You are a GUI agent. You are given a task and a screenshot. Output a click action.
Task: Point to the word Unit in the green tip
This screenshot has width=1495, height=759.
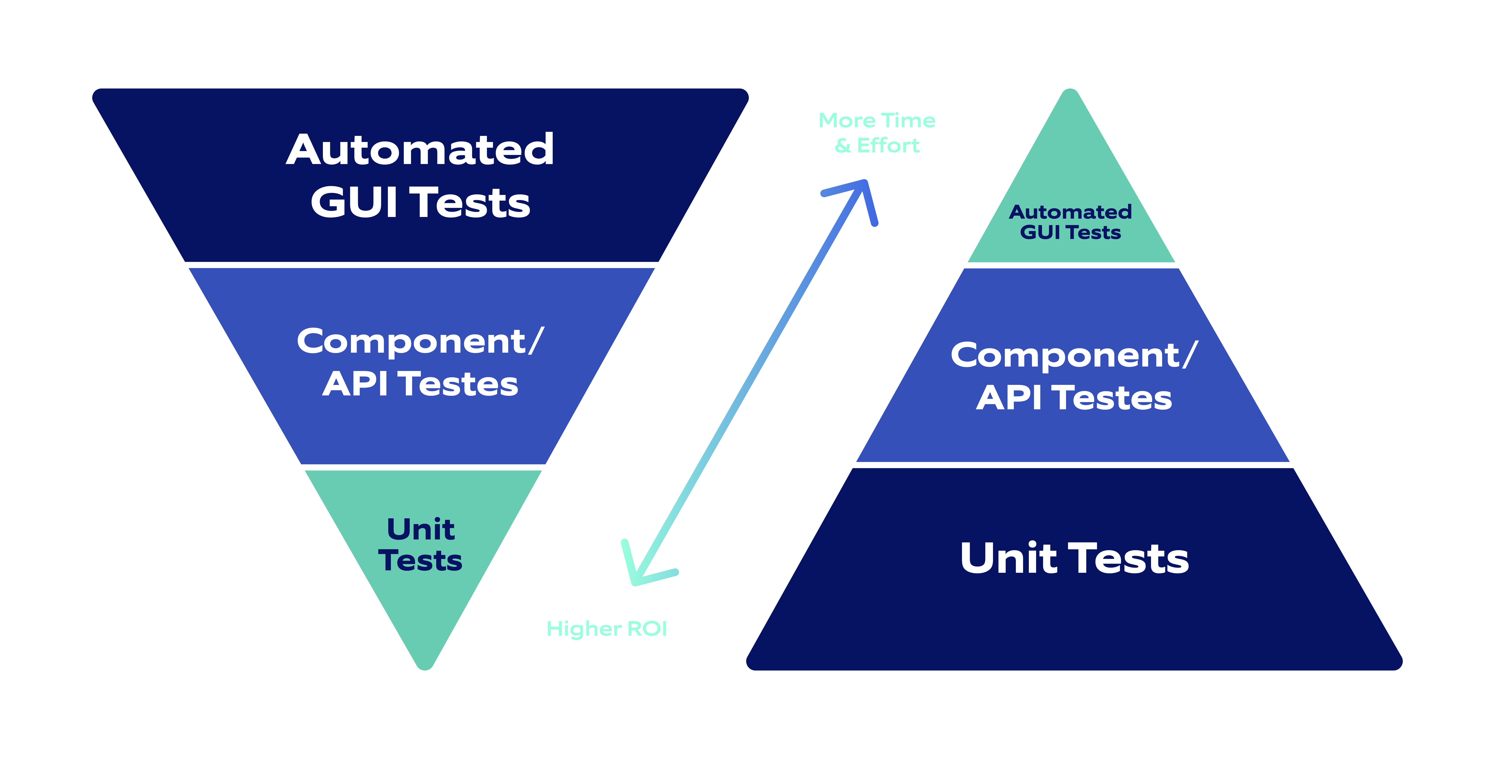421,529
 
